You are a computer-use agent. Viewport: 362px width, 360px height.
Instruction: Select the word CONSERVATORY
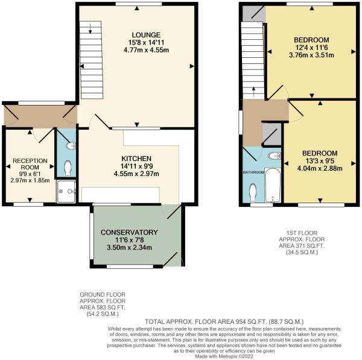(x=129, y=232)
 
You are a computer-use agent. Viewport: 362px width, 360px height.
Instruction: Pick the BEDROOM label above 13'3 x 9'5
(x=319, y=153)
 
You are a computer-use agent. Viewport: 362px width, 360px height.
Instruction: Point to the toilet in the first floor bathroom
(x=252, y=192)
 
